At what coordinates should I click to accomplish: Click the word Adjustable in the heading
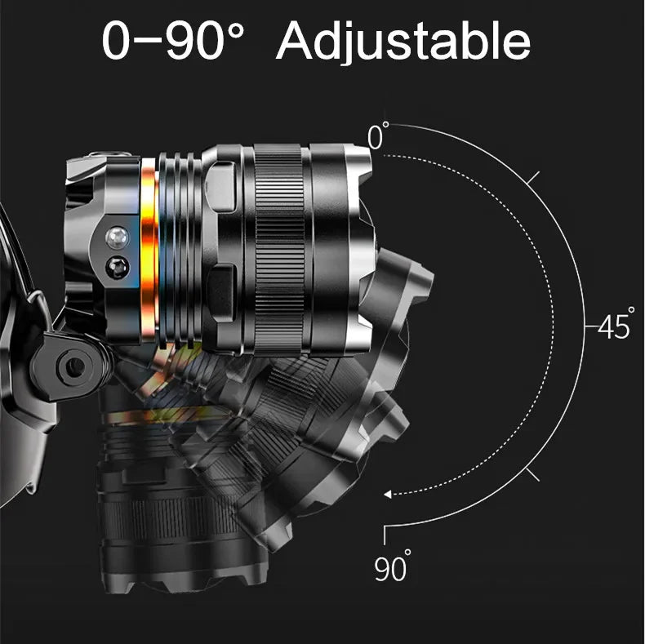tap(403, 41)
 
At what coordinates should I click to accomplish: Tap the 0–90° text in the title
tap(173, 39)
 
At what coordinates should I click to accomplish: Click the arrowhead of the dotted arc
tap(387, 495)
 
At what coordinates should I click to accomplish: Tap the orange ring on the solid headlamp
tap(149, 251)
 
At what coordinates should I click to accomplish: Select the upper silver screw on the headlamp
tap(118, 238)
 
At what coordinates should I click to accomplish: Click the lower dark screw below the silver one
tap(118, 268)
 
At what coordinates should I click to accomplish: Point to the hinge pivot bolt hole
tap(74, 366)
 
